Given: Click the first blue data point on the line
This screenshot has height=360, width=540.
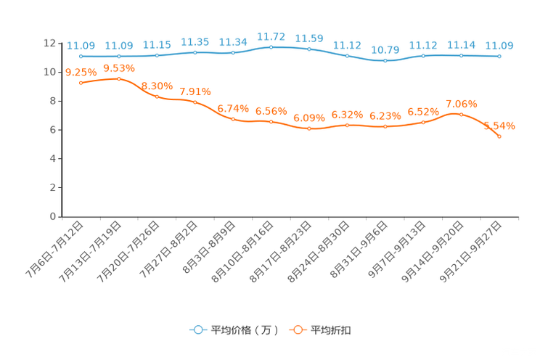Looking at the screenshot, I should pyautogui.click(x=81, y=56).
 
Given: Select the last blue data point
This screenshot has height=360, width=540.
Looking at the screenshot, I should pyautogui.click(x=499, y=56).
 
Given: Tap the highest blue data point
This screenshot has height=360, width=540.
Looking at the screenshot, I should pyautogui.click(x=271, y=47).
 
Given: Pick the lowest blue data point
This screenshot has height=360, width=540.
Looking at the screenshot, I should pyautogui.click(x=385, y=61).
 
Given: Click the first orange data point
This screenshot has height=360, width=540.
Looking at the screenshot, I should pyautogui.click(x=81, y=83).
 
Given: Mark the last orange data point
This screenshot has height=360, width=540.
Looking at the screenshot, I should pyautogui.click(x=499, y=136).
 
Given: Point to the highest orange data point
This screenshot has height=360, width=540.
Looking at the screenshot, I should pyautogui.click(x=119, y=78).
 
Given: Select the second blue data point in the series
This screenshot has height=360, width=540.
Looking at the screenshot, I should pyautogui.click(x=119, y=56).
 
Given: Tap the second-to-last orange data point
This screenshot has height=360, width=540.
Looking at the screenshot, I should pyautogui.click(x=461, y=114).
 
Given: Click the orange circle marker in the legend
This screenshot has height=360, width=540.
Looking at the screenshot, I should pyautogui.click(x=298, y=330).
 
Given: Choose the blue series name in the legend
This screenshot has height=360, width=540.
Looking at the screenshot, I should pyautogui.click(x=244, y=330).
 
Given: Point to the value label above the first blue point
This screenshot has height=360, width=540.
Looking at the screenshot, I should pyautogui.click(x=81, y=46).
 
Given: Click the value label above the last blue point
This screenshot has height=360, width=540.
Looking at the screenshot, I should pyautogui.click(x=499, y=46).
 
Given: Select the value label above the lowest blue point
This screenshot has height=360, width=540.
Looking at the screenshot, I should pyautogui.click(x=385, y=50).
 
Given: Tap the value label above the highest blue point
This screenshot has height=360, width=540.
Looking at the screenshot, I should pyautogui.click(x=271, y=36).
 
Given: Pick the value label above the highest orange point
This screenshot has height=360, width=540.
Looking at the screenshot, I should pyautogui.click(x=119, y=67).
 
